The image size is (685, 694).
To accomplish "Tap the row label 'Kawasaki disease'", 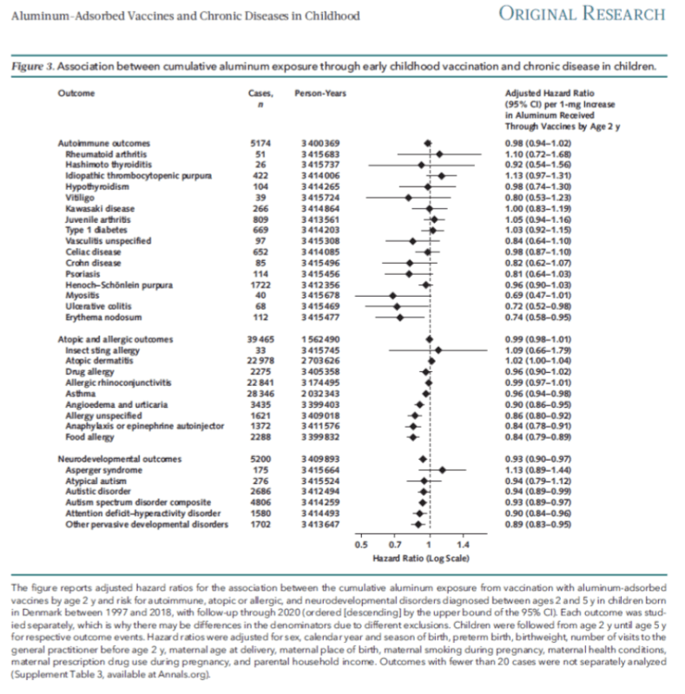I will point(97,209).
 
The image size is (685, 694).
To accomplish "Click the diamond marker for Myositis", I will point(392,296).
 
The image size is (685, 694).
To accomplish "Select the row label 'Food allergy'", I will point(89,437).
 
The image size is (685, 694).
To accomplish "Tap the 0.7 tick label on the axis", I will point(394,544).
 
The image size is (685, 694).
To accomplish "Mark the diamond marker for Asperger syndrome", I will point(442,469).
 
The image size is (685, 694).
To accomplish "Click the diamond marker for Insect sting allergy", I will point(438,350).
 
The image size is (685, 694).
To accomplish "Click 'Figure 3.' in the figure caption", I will point(38,66).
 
